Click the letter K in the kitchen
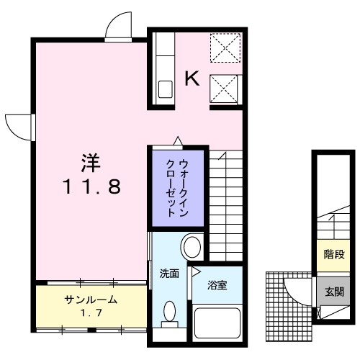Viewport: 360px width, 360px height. point(192,78)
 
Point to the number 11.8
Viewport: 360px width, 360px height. point(90,186)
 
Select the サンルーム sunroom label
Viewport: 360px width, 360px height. point(91,300)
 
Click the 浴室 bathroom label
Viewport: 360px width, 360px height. point(217,285)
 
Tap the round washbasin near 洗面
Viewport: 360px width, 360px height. point(192,248)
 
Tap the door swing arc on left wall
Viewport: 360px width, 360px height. point(19,125)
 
